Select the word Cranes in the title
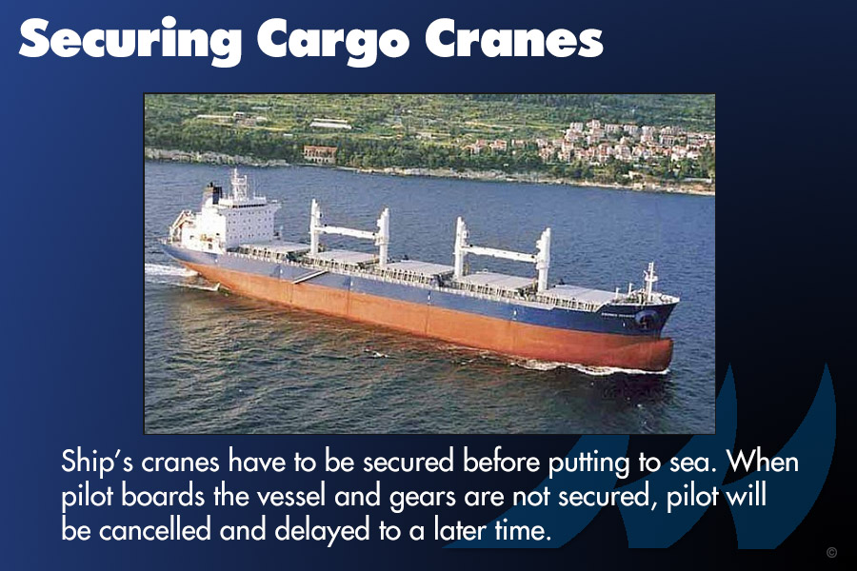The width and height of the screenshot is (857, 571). [x=514, y=39]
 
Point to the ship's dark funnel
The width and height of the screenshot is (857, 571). [x=212, y=194]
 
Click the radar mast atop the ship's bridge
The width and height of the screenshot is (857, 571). [x=238, y=185]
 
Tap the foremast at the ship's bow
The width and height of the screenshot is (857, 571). [x=649, y=281]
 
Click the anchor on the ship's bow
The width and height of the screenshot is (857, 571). [x=648, y=319]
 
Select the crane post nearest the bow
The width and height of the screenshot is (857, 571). [x=543, y=260]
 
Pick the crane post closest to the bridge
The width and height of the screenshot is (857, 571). [x=315, y=226]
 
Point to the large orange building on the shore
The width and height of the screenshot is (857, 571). [x=320, y=154]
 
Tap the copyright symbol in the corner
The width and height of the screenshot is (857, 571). [x=831, y=552]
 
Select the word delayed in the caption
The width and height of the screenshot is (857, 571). [x=322, y=531]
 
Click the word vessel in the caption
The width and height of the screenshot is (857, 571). [x=289, y=495]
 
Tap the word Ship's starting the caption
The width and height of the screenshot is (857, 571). [x=97, y=463]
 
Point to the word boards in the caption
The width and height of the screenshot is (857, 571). [x=162, y=495]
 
